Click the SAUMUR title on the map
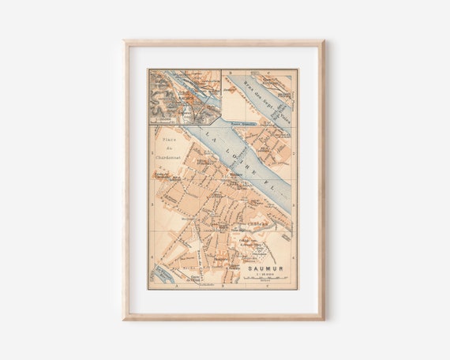(x=264, y=268)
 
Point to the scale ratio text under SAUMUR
(x=264, y=274)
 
